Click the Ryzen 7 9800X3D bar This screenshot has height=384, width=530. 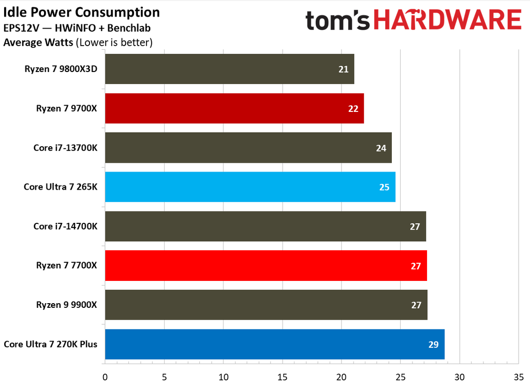(229, 69)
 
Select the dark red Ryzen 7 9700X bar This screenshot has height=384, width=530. (234, 108)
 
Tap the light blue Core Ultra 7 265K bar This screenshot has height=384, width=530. (250, 187)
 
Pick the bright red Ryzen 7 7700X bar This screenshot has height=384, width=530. (266, 265)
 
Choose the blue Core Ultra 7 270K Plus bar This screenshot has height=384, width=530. (274, 344)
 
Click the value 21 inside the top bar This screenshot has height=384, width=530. (344, 69)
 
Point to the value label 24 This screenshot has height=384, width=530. (381, 148)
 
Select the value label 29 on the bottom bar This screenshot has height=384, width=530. (434, 344)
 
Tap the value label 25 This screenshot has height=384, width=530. (384, 187)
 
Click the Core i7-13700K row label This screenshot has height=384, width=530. (65, 148)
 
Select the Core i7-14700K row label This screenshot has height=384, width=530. (65, 226)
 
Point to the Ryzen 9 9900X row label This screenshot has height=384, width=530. (66, 305)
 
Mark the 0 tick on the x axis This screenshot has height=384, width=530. (105, 376)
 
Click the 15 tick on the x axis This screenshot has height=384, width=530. (283, 376)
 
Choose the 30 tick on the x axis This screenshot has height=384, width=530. (460, 376)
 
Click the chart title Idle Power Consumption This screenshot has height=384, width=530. (81, 12)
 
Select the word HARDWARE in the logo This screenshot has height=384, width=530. (446, 20)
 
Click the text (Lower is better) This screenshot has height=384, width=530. (114, 42)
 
